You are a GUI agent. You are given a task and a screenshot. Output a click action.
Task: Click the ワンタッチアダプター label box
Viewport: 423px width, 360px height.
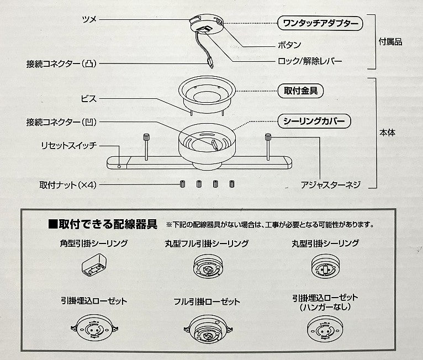tap(320, 23)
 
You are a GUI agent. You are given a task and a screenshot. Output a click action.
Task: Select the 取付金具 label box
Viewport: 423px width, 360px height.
tap(300, 91)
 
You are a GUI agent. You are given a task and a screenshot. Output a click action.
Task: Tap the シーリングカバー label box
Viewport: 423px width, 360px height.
tap(314, 121)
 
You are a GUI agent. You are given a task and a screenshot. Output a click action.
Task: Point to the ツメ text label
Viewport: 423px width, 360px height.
tap(89, 19)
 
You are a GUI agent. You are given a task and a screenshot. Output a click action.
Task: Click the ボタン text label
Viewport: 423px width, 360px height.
tap(289, 45)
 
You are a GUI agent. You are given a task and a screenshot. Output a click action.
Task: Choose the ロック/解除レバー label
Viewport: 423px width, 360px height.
tap(310, 61)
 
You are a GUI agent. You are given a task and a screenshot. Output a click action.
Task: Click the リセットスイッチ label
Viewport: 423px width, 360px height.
tap(68, 146)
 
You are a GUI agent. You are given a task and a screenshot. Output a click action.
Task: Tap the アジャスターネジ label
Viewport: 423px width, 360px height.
tap(330, 185)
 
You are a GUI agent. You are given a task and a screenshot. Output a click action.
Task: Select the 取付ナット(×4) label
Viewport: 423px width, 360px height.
tap(68, 185)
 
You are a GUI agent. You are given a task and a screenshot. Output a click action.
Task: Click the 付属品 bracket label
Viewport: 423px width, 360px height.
tap(390, 42)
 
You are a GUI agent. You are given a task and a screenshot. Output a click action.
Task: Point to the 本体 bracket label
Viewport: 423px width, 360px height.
tap(388, 133)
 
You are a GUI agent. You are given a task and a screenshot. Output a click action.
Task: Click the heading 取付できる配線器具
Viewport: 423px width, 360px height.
tap(103, 224)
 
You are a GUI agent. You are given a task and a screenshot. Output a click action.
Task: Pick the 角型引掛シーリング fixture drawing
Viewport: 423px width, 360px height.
tap(94, 265)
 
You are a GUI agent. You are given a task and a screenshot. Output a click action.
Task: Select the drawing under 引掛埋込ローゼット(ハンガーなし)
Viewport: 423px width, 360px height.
tap(325, 329)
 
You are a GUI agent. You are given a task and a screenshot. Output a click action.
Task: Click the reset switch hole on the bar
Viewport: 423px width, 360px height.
tap(119, 167)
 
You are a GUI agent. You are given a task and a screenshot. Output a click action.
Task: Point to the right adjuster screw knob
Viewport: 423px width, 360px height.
tap(268, 137)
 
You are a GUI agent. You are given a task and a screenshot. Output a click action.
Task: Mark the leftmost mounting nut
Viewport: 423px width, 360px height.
tap(183, 184)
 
